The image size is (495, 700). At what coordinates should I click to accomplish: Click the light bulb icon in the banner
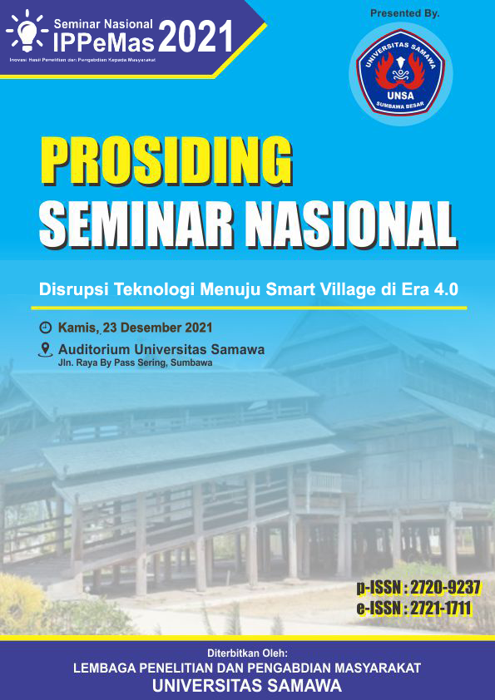coord(27,32)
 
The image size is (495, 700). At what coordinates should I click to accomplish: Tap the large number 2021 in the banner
coord(196,37)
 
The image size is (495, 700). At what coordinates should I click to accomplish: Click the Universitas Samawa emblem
coord(401,73)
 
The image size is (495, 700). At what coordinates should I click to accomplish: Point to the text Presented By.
coord(405,13)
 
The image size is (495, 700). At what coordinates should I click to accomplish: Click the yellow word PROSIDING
coord(167,160)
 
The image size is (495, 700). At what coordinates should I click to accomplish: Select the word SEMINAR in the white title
coord(136,224)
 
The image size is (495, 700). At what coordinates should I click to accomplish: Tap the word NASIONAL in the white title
coord(352,224)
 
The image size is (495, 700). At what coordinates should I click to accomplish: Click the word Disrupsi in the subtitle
coord(73,290)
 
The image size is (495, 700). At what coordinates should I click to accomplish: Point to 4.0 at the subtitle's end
coord(446,290)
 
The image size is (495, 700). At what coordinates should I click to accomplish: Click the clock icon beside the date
coord(46,328)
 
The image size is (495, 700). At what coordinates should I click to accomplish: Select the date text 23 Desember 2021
coord(158,328)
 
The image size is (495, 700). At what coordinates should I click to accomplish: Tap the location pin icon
coord(46,349)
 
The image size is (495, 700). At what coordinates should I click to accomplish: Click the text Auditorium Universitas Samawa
coord(161,349)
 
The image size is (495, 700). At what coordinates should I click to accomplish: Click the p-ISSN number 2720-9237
coord(445,588)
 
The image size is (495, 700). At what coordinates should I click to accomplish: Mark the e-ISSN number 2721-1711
coord(439,608)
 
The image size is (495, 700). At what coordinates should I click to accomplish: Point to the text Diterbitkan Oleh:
coord(247,653)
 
